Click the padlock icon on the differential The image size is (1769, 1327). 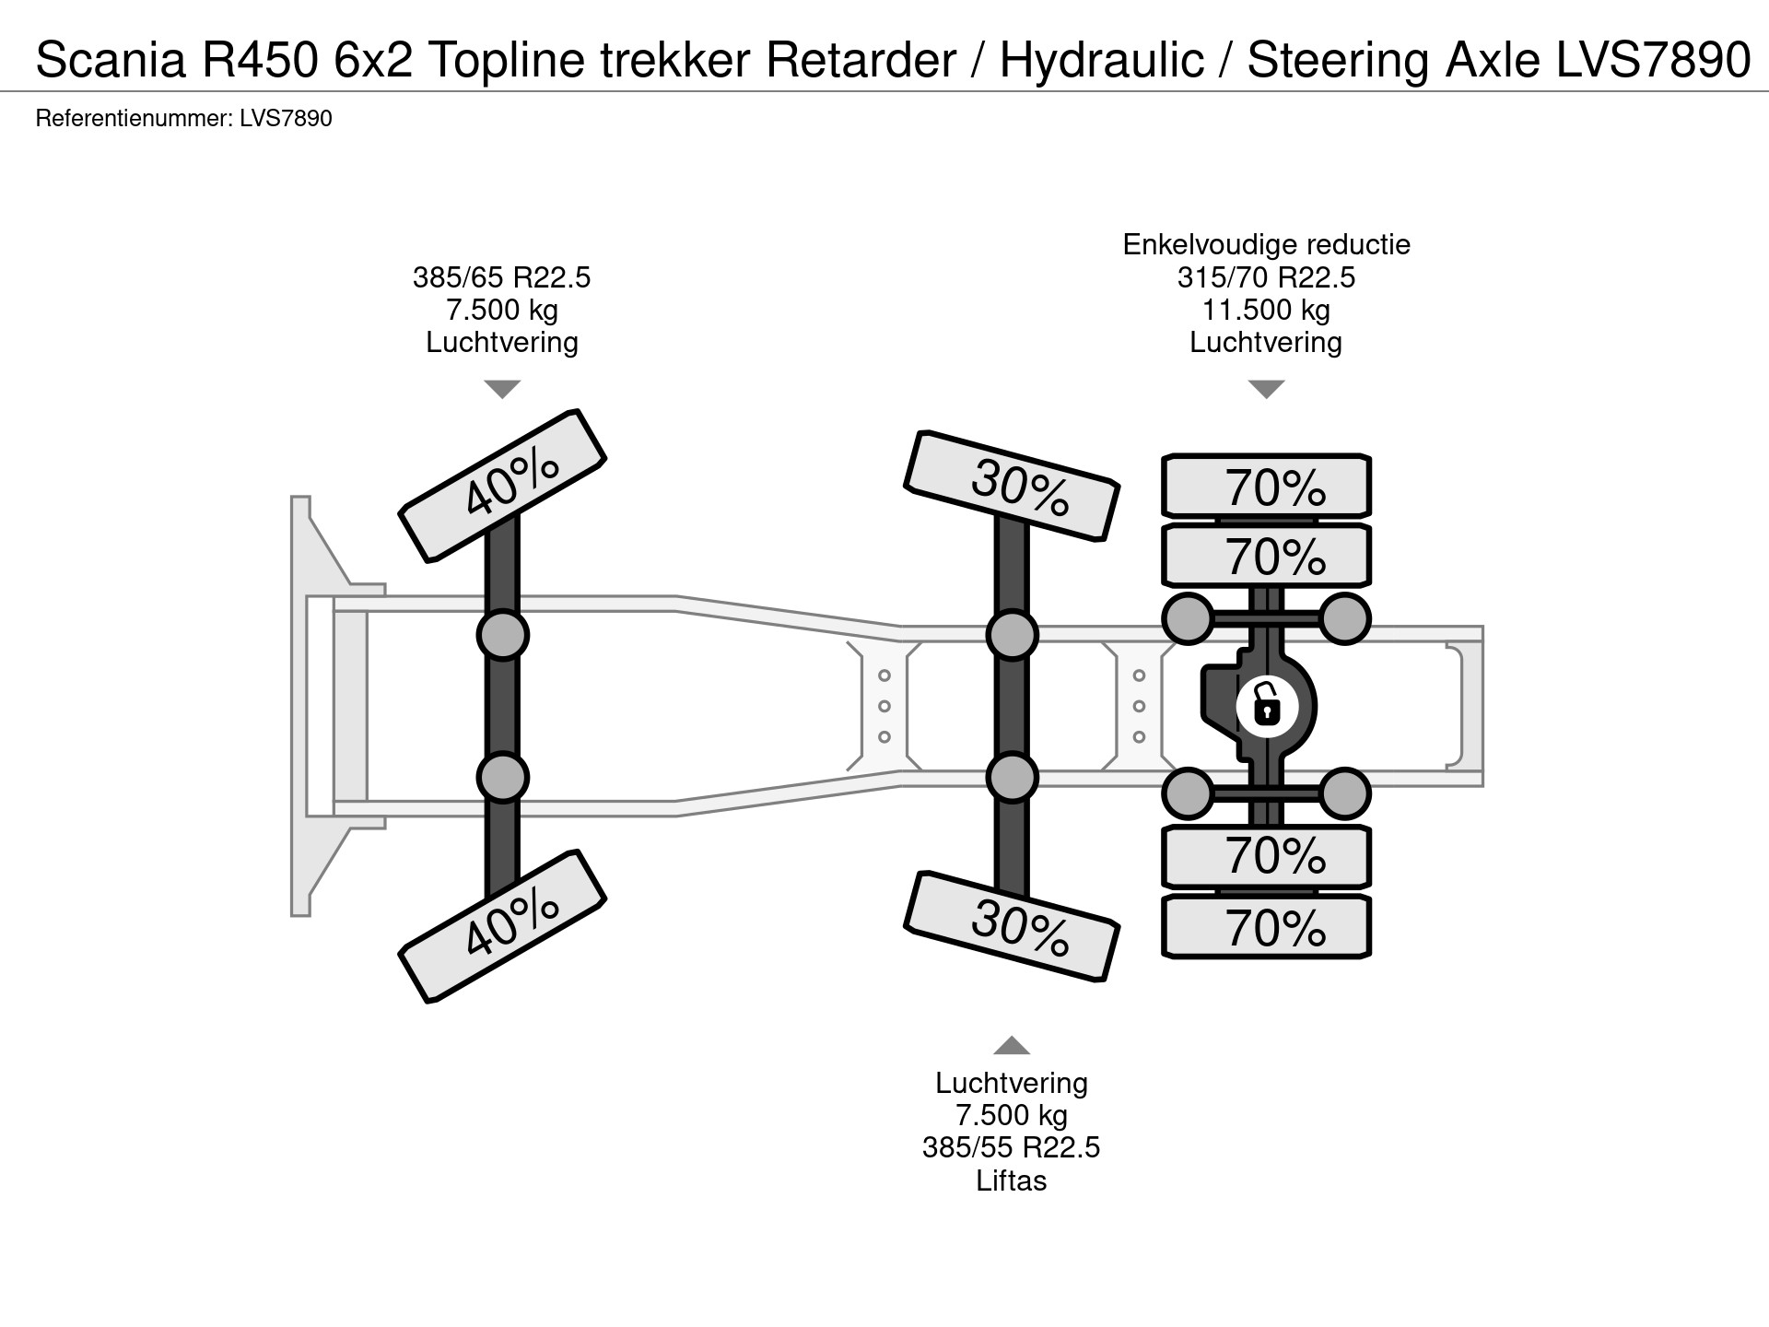(x=1267, y=707)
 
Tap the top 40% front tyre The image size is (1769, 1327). (x=502, y=485)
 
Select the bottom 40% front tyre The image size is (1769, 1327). (x=502, y=925)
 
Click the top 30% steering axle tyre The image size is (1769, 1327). (x=1012, y=485)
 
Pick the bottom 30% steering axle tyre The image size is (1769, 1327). (x=1012, y=925)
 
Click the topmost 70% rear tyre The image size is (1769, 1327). (x=1267, y=486)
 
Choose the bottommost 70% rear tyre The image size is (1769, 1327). (x=1267, y=927)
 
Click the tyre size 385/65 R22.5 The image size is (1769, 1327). (x=502, y=277)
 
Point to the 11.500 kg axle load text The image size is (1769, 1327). (x=1266, y=310)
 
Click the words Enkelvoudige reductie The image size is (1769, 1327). (x=1266, y=245)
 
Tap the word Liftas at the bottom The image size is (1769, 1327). (x=1011, y=1181)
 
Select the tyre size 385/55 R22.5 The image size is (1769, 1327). (x=1011, y=1148)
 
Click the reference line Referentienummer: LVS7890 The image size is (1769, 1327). (x=183, y=119)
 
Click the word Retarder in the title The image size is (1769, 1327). (x=861, y=61)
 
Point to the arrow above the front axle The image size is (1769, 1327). (x=502, y=389)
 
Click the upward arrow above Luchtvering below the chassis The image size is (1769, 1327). (x=1011, y=1045)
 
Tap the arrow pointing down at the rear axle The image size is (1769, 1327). (x=1266, y=389)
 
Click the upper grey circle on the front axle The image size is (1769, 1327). (x=502, y=635)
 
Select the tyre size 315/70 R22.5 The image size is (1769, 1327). (x=1266, y=277)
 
